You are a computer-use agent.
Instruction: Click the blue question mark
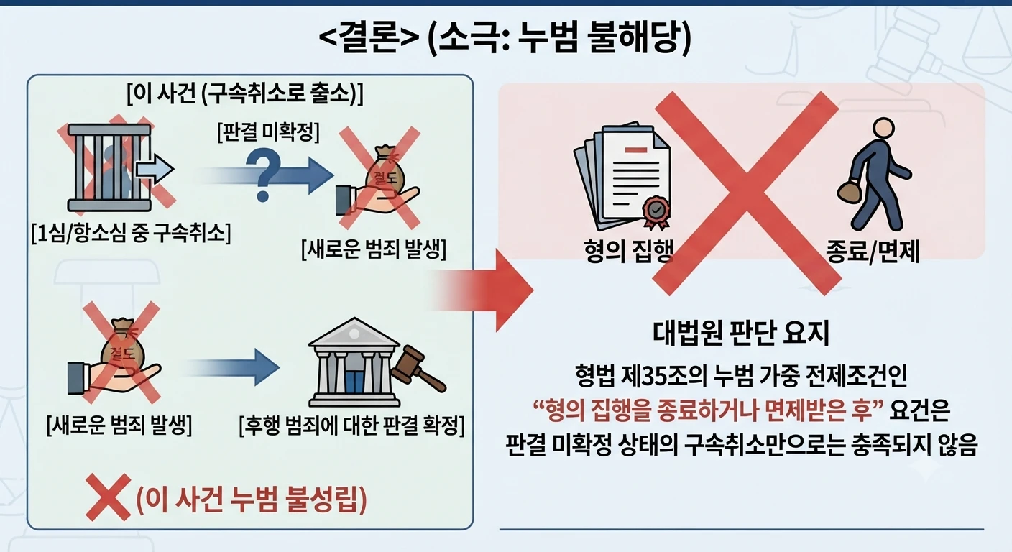pos(263,177)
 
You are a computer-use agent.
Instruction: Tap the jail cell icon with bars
pos(109,167)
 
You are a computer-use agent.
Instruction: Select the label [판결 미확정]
pos(268,132)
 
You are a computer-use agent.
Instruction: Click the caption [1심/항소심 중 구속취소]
pos(131,234)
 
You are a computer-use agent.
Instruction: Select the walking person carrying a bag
pos(874,174)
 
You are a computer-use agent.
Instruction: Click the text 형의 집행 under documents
pos(628,251)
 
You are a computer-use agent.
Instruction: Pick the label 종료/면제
pos(873,251)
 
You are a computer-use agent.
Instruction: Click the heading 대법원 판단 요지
pos(741,333)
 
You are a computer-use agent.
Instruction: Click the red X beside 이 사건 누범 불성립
pos(108,497)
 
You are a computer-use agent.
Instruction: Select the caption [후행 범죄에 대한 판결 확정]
pos(351,425)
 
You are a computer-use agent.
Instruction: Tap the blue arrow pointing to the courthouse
pos(233,367)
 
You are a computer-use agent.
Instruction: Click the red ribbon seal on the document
pos(657,211)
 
